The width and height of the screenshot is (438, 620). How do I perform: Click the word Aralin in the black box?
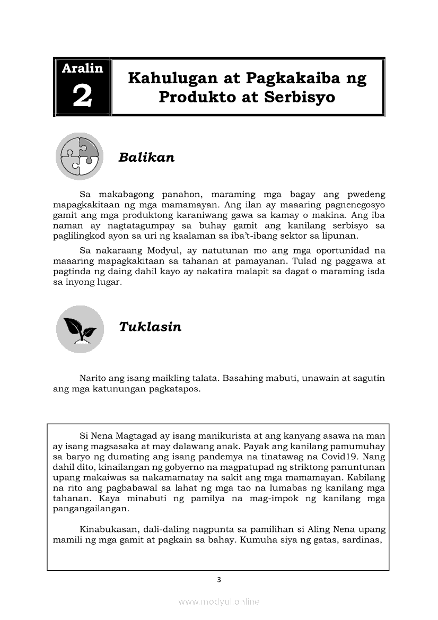pos(82,68)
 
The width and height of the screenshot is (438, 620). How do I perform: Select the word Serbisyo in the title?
pos(303,98)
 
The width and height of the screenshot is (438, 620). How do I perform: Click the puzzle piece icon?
pos(80,156)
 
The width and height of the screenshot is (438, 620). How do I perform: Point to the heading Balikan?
pos(146,158)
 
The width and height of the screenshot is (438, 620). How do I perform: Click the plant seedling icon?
pos(80,329)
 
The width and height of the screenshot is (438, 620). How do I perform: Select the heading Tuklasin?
pos(150,327)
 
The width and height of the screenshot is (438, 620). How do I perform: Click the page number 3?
pos(218,580)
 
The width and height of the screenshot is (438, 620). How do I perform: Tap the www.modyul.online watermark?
pos(219,602)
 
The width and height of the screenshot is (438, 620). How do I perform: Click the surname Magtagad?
pos(136,435)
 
